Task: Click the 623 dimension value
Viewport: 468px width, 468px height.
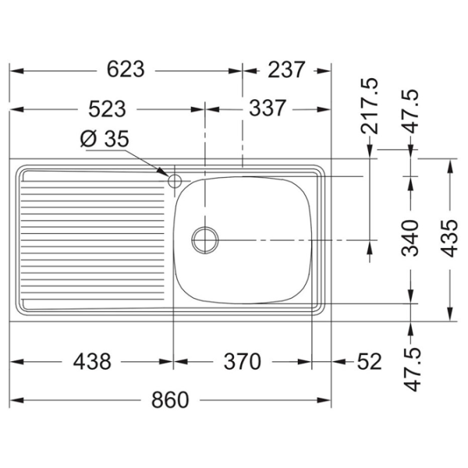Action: coord(126,69)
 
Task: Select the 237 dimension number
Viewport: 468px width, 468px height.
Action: coord(286,69)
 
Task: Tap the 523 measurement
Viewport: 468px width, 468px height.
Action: coord(107,109)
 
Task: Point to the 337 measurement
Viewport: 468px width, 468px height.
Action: coord(268,108)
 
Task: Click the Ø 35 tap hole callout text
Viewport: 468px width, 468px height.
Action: coord(105,139)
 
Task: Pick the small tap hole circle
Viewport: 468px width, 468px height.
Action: coord(175,181)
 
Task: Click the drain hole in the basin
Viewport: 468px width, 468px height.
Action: coord(205,240)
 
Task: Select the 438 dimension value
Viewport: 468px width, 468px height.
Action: coord(92,361)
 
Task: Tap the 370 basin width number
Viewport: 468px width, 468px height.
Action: coord(243,361)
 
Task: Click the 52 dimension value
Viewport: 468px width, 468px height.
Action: coord(370,361)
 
